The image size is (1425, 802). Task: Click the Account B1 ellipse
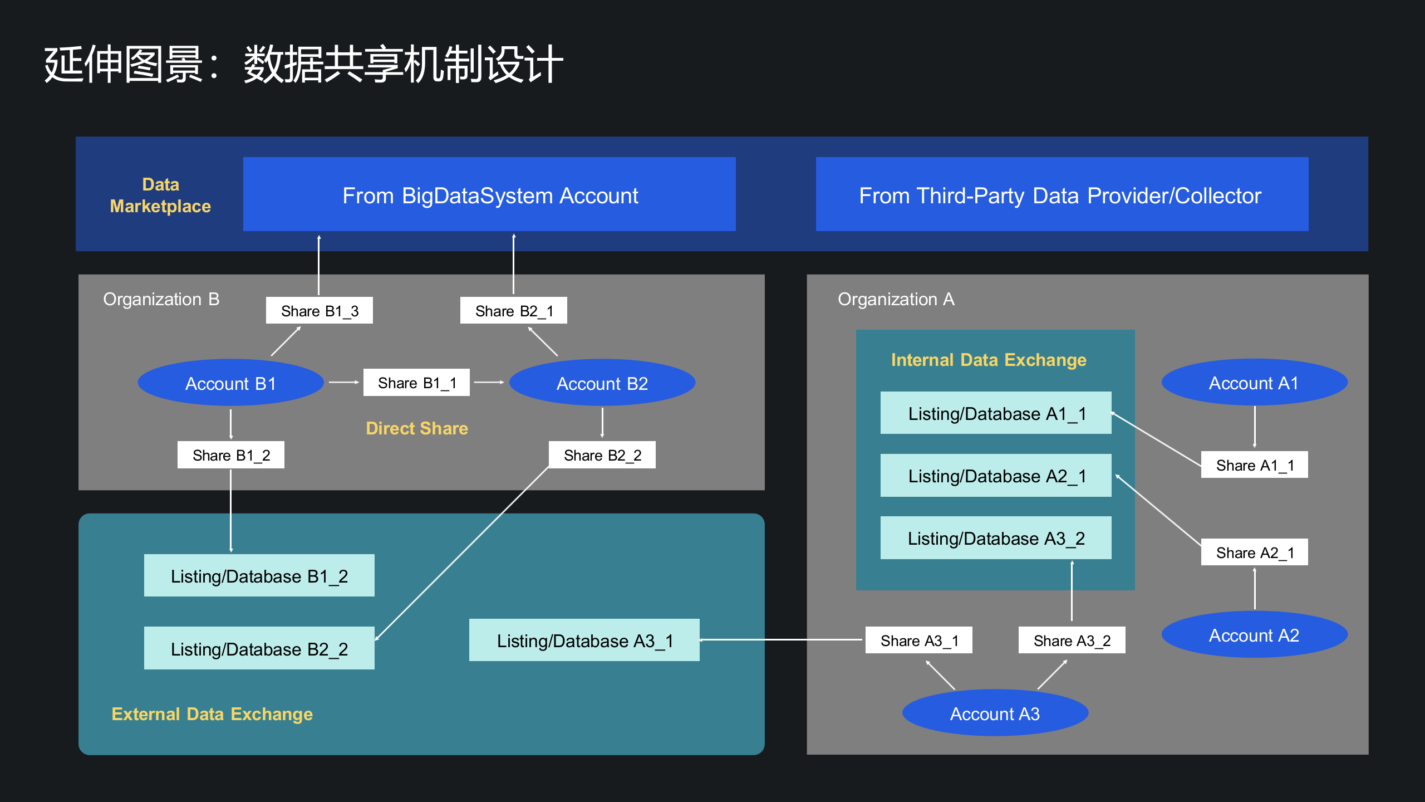pos(230,383)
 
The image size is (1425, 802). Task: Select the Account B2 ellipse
pos(602,383)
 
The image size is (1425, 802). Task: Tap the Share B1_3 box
pos(320,311)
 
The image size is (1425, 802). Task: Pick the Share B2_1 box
pos(514,311)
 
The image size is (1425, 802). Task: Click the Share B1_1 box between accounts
pos(416,383)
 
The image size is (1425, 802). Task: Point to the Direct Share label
pos(417,428)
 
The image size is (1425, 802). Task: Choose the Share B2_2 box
pos(602,455)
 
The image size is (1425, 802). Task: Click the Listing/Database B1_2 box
pos(259,576)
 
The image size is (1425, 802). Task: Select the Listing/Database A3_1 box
pos(584,640)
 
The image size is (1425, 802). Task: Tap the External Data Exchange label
pos(212,714)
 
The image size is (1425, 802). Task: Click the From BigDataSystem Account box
pos(489,195)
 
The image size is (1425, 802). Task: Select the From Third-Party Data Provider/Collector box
pos(1062,195)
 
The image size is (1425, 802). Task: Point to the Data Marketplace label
pos(160,195)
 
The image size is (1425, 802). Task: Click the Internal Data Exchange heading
pos(989,360)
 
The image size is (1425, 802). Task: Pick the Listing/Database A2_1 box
pos(996,476)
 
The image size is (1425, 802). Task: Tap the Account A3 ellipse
pos(995,713)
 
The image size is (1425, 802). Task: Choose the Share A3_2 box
pos(1072,640)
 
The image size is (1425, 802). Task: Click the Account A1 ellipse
pos(1254,383)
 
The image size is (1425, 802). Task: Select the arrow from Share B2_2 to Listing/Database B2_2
pos(462,554)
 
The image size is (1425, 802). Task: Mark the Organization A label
pos(896,299)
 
